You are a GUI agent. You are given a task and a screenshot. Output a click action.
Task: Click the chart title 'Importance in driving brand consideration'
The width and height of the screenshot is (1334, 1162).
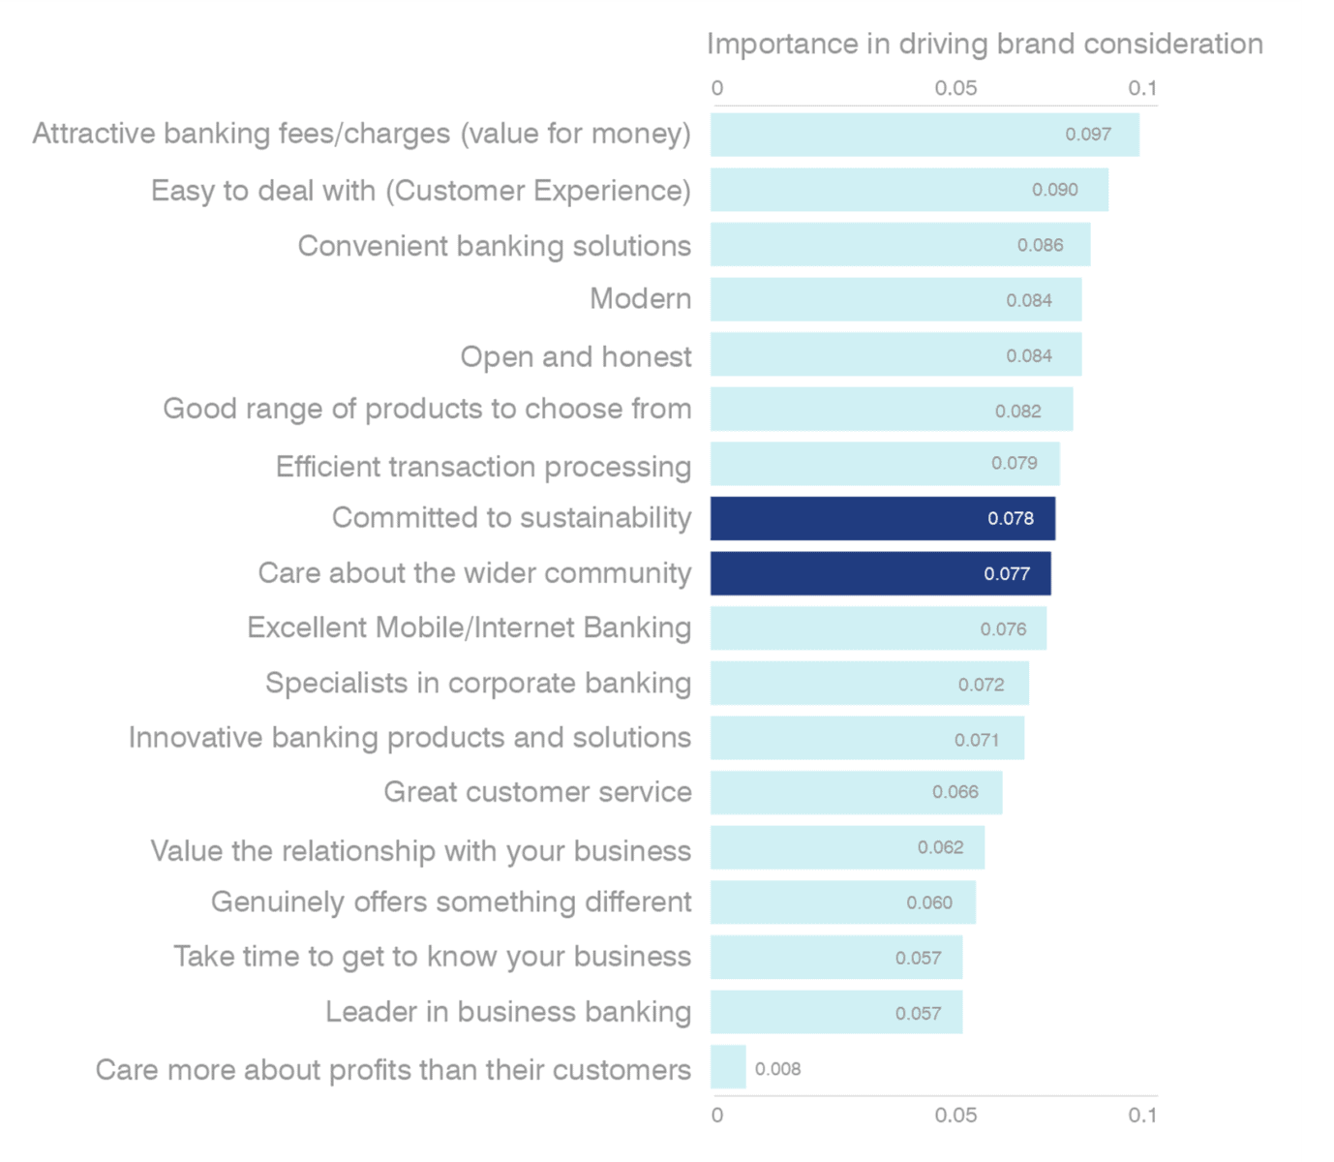(984, 45)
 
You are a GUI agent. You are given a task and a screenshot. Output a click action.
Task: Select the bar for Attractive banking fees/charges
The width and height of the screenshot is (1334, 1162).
(924, 135)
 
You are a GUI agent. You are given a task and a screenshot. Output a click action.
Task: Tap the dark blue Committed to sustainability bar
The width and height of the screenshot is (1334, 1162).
(882, 519)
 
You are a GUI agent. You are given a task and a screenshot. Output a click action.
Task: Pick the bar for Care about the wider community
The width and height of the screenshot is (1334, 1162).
(880, 574)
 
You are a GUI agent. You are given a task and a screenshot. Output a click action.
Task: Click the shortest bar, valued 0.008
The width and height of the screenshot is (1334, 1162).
(728, 1067)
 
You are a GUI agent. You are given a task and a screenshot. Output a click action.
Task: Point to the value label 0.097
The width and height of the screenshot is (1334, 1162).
(1088, 135)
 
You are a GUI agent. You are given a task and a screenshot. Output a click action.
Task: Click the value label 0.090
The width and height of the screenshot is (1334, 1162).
(1054, 190)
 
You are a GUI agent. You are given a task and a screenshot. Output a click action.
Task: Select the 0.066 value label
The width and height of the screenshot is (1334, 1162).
(955, 792)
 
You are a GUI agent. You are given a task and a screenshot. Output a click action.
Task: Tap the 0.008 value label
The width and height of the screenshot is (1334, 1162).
(777, 1069)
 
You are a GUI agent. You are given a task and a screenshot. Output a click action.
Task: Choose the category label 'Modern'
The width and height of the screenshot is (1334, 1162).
(640, 299)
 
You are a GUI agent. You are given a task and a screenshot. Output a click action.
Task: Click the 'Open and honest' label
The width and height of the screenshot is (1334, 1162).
(575, 356)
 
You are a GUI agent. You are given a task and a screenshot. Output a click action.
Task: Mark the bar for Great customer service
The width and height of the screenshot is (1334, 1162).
(856, 792)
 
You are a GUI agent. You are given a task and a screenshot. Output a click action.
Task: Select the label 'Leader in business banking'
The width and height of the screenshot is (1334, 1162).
(507, 1012)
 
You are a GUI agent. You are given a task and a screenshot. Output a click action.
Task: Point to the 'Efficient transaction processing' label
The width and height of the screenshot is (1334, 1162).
(483, 467)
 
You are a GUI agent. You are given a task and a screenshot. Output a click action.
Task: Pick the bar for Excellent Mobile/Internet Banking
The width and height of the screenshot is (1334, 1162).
(878, 628)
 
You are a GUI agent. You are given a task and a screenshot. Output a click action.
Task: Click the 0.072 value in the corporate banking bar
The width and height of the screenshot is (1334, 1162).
(981, 685)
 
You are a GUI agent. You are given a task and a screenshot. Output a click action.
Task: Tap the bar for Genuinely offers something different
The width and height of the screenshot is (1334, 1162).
(842, 902)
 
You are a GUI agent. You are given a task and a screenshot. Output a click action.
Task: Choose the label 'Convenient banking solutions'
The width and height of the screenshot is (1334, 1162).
(494, 246)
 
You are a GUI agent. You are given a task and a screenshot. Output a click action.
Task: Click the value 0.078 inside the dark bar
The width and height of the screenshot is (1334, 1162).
(1010, 519)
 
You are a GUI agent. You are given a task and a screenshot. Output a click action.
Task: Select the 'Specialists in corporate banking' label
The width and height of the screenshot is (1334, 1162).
(478, 684)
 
